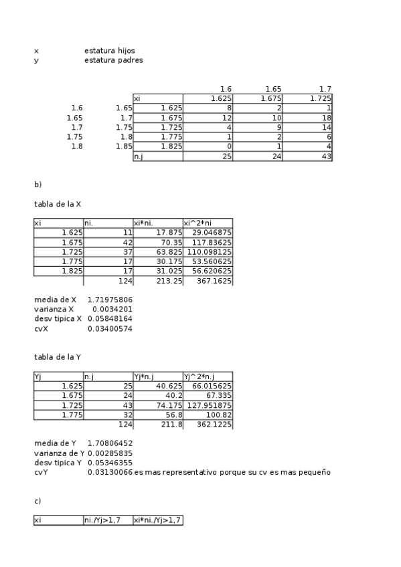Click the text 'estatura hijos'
[x=113, y=50]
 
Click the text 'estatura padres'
[x=113, y=60]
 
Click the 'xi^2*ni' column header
[x=197, y=223]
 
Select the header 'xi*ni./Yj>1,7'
[x=157, y=520]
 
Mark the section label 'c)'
[x=38, y=500]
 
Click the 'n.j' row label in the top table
[x=139, y=156]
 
